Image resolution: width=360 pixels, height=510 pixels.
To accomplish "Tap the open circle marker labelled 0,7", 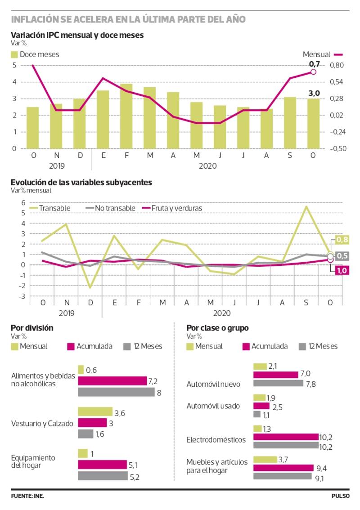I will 313,72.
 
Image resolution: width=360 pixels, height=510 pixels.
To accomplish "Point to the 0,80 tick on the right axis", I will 337,66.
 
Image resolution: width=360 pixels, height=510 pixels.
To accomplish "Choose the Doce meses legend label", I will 39,54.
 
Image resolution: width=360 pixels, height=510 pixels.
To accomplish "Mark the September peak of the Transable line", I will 306,206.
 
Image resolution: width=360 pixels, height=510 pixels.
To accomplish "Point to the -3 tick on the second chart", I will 21,296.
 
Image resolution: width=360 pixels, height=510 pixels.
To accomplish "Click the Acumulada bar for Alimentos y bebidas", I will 112,381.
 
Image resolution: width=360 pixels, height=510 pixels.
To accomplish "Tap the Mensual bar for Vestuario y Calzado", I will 95,412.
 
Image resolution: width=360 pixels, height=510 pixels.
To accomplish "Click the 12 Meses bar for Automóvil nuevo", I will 278,383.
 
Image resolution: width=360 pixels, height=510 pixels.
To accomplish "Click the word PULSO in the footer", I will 341,496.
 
